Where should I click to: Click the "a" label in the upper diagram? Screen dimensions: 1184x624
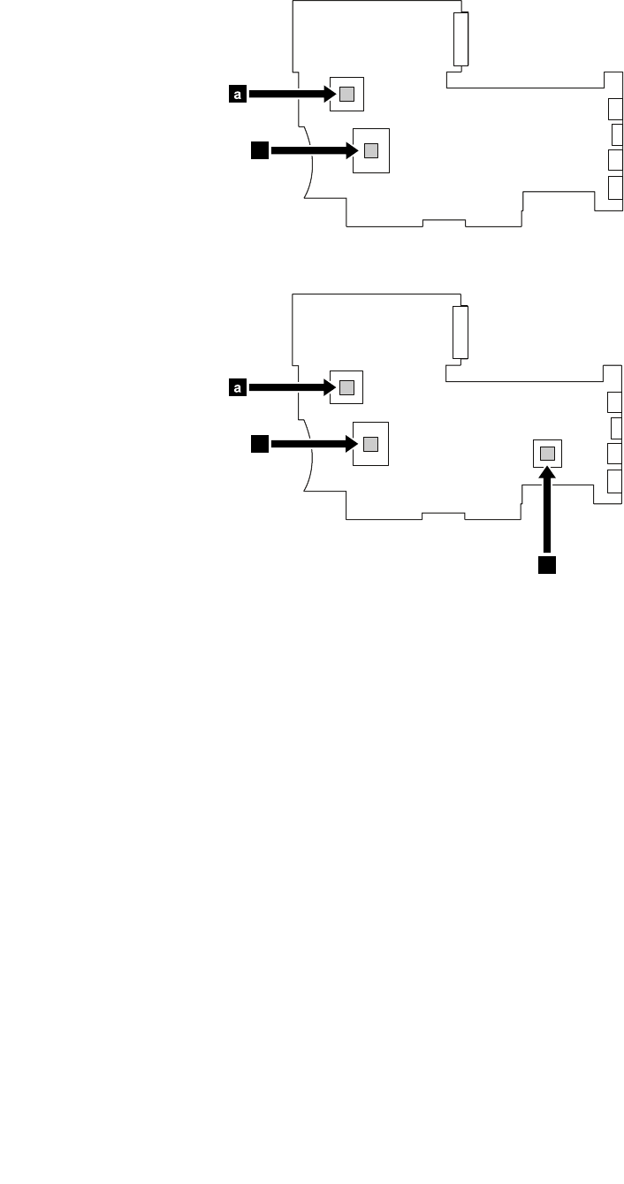coord(237,93)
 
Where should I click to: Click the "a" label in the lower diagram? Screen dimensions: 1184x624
coord(237,386)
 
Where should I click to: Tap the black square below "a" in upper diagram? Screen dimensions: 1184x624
coord(259,150)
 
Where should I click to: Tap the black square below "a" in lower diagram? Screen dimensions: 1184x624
coord(259,444)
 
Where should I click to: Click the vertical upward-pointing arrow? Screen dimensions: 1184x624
coord(548,513)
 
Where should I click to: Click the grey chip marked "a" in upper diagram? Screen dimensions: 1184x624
coord(346,93)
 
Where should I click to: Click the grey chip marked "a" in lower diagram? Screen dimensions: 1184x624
coord(346,386)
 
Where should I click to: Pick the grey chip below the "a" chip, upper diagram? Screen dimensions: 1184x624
coord(371,150)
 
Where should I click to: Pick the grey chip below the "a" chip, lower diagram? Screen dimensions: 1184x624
coord(371,444)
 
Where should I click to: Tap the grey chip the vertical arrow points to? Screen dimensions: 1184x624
coord(548,454)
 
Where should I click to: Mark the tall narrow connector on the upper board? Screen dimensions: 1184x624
coord(460,39)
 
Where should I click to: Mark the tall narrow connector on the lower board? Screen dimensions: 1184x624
coord(460,332)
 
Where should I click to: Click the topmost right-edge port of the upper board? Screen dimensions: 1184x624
coord(614,109)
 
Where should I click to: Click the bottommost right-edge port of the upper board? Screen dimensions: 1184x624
coord(614,187)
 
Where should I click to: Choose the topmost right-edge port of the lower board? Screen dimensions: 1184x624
coord(614,402)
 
